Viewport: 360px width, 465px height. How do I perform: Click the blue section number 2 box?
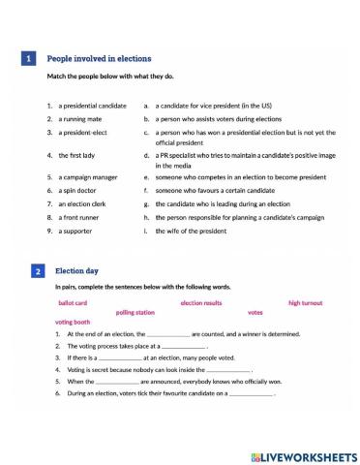(x=36, y=272)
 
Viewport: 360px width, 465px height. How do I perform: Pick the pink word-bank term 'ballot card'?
(x=74, y=302)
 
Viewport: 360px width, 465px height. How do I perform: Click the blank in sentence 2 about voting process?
(x=183, y=346)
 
